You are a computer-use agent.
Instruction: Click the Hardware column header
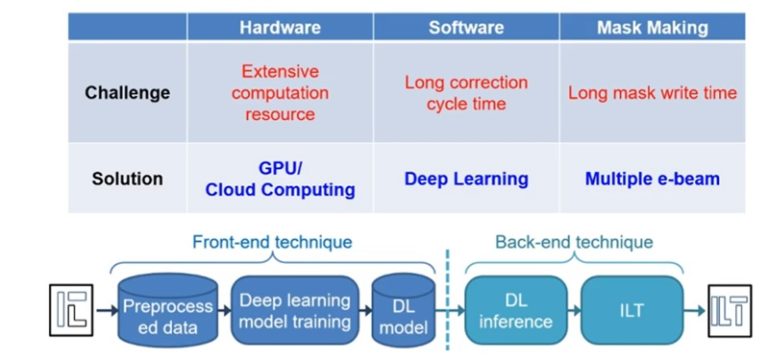pyautogui.click(x=279, y=27)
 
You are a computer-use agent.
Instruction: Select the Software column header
pyautogui.click(x=465, y=27)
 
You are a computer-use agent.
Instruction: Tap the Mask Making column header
pyautogui.click(x=651, y=27)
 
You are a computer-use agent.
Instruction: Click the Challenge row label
pyautogui.click(x=127, y=93)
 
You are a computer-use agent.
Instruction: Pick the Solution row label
pyautogui.click(x=127, y=179)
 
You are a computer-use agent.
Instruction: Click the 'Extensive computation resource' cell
pyautogui.click(x=279, y=93)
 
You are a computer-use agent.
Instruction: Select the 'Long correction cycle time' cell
pyautogui.click(x=465, y=93)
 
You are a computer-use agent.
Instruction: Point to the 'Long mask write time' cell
pyautogui.click(x=651, y=93)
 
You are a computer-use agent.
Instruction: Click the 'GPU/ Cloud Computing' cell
pyautogui.click(x=279, y=179)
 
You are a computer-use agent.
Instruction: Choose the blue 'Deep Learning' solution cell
pyautogui.click(x=465, y=179)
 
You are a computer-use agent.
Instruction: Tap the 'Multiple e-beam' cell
pyautogui.click(x=651, y=179)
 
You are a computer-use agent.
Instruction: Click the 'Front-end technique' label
pyautogui.click(x=272, y=241)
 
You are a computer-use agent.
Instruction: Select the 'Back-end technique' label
pyautogui.click(x=574, y=241)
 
